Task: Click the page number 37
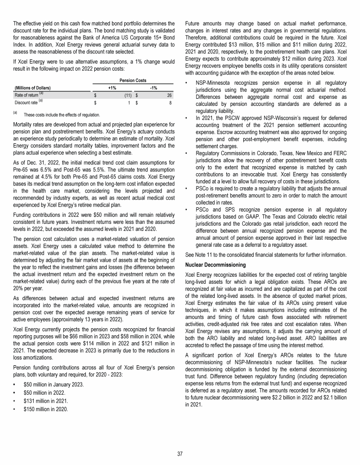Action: click(x=180, y=454)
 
